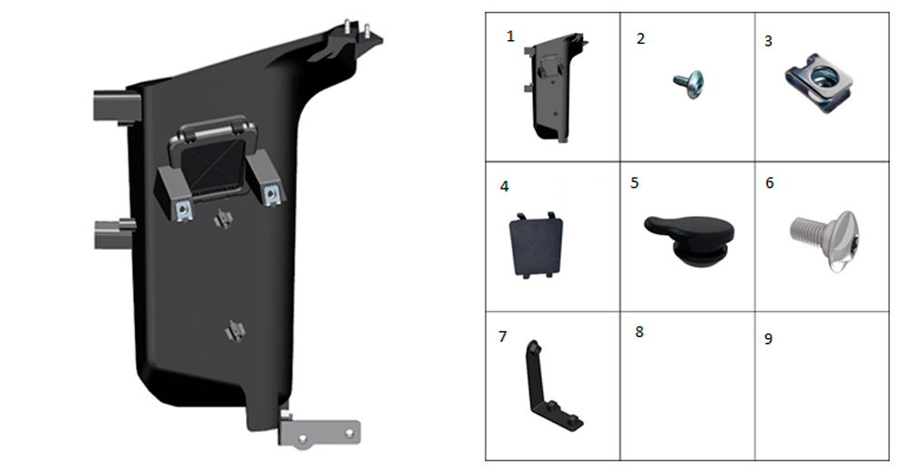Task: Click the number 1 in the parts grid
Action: tap(510, 36)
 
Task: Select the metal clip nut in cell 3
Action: tap(820, 87)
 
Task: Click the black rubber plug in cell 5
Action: tap(690, 241)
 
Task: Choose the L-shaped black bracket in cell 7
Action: tap(551, 386)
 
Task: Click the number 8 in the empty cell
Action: tap(640, 332)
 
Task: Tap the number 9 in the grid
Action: tap(768, 339)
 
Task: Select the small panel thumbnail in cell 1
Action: tap(554, 87)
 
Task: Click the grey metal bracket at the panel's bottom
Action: tap(319, 432)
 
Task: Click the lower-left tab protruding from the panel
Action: tap(114, 234)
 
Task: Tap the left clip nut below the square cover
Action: tap(183, 211)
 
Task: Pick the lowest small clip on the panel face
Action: tap(235, 331)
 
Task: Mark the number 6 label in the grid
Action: tap(769, 183)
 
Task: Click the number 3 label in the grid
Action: tap(768, 41)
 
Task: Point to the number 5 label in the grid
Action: tap(634, 183)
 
